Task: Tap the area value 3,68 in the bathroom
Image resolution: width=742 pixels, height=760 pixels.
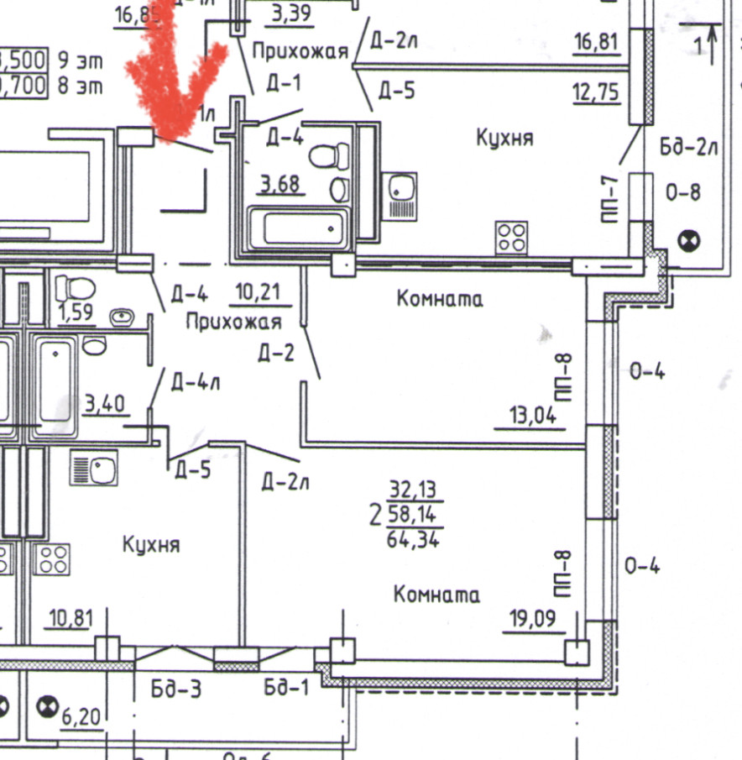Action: point(280,184)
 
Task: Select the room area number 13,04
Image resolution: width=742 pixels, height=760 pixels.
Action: point(532,415)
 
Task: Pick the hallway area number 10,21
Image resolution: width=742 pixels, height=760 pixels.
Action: point(260,292)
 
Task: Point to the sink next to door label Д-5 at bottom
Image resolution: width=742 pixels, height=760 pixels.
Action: point(93,468)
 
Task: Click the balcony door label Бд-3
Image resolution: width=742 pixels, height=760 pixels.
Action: point(176,689)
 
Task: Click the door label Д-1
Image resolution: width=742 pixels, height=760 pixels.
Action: point(284,83)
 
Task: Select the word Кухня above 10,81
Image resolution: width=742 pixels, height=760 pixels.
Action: point(151,545)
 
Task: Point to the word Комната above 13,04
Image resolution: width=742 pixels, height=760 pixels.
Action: point(441,298)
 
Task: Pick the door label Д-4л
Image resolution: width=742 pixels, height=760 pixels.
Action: point(195,383)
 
